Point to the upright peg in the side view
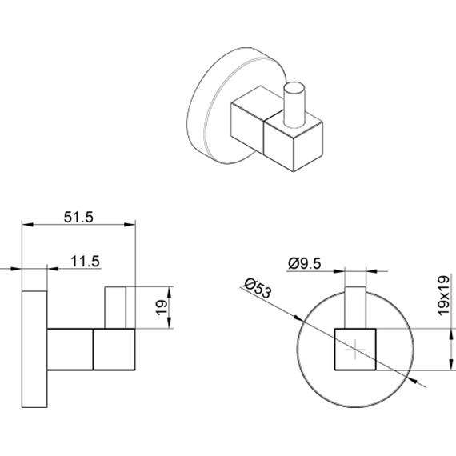[x=116, y=306]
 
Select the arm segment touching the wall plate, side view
[x=70, y=349]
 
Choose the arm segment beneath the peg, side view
[x=115, y=349]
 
